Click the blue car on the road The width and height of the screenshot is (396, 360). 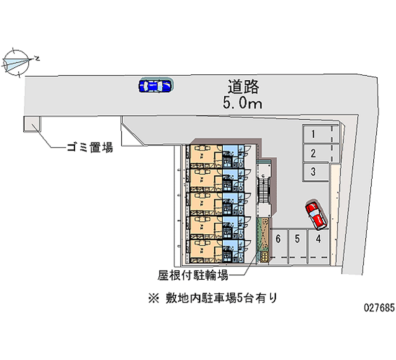(155, 86)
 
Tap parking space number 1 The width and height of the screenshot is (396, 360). (313, 134)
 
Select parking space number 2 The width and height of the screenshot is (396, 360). (313, 153)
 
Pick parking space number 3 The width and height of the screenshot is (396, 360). (313, 172)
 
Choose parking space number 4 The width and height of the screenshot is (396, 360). (319, 239)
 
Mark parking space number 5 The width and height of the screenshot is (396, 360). (297, 239)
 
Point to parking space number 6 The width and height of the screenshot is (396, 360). (278, 239)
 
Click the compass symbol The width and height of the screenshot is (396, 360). (17, 61)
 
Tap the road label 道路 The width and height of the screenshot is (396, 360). (243, 87)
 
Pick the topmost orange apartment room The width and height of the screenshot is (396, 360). (204, 155)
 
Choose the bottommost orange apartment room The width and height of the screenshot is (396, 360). (204, 250)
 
